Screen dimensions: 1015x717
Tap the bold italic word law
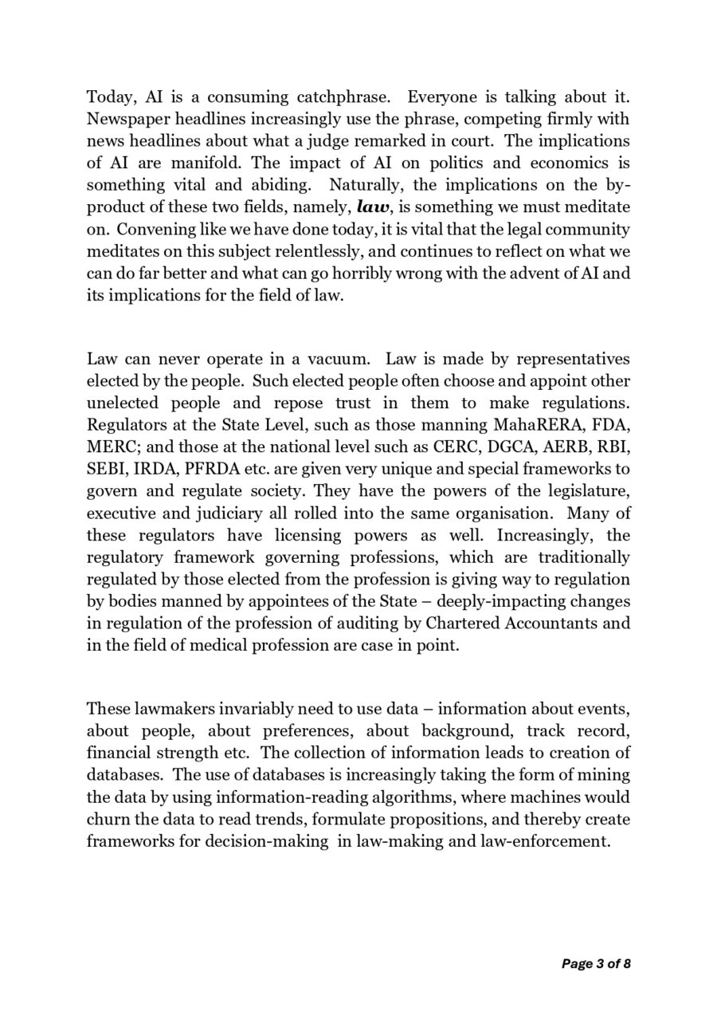(374, 207)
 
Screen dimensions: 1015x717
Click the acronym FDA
(612, 425)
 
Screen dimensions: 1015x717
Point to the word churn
(106, 819)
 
